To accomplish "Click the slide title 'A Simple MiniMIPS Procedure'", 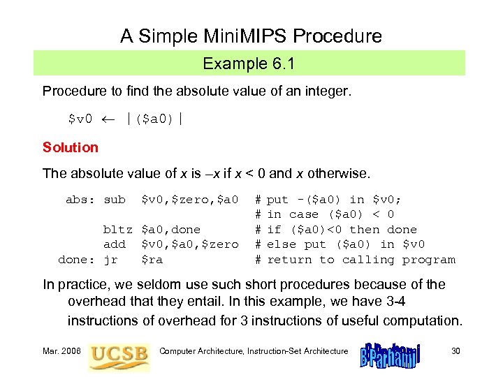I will [x=251, y=36].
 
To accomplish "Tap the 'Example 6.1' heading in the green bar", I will [x=249, y=64].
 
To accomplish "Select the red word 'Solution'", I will [x=71, y=147].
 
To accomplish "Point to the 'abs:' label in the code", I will [x=81, y=200].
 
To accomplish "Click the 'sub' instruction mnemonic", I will [x=115, y=200].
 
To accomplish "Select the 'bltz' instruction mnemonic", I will [x=118, y=230].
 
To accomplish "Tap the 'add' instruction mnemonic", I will [x=115, y=244].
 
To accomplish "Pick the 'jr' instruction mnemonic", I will [x=110, y=260].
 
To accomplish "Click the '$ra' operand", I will [x=152, y=260].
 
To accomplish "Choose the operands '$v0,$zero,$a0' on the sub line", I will [x=189, y=200].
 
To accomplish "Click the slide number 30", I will [x=455, y=350].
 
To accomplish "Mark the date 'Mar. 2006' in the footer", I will [x=61, y=350].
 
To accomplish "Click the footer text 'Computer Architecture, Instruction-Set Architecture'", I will [x=254, y=350].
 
